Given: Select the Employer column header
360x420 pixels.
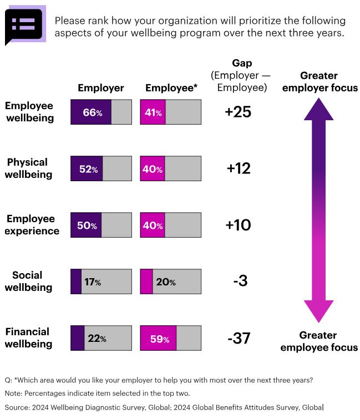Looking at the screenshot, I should [x=100, y=88].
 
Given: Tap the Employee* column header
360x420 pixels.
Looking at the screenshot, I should [x=170, y=88].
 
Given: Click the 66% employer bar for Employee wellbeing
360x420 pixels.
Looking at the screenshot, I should [x=92, y=112].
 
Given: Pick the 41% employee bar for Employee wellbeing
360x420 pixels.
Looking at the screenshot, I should [x=153, y=112].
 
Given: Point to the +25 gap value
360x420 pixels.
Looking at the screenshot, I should [x=238, y=112].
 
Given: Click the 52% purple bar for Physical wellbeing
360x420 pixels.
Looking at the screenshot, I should [x=87, y=169].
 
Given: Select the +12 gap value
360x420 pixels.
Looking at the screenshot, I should [x=238, y=169].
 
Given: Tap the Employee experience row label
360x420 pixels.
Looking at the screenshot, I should [x=32, y=225].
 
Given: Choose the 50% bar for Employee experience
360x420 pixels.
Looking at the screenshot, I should [x=87, y=226].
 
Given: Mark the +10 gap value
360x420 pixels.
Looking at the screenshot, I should [x=238, y=226].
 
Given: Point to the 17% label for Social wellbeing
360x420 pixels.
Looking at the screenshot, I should [x=93, y=282].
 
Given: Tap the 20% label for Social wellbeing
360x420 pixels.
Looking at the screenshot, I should [x=165, y=282].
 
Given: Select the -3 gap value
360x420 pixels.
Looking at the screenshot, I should [x=240, y=282].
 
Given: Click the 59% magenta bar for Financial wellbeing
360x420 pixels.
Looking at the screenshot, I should [x=159, y=339].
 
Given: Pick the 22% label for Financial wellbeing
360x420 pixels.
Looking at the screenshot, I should [x=95, y=339].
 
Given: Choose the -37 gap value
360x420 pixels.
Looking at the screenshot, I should [x=239, y=339].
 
